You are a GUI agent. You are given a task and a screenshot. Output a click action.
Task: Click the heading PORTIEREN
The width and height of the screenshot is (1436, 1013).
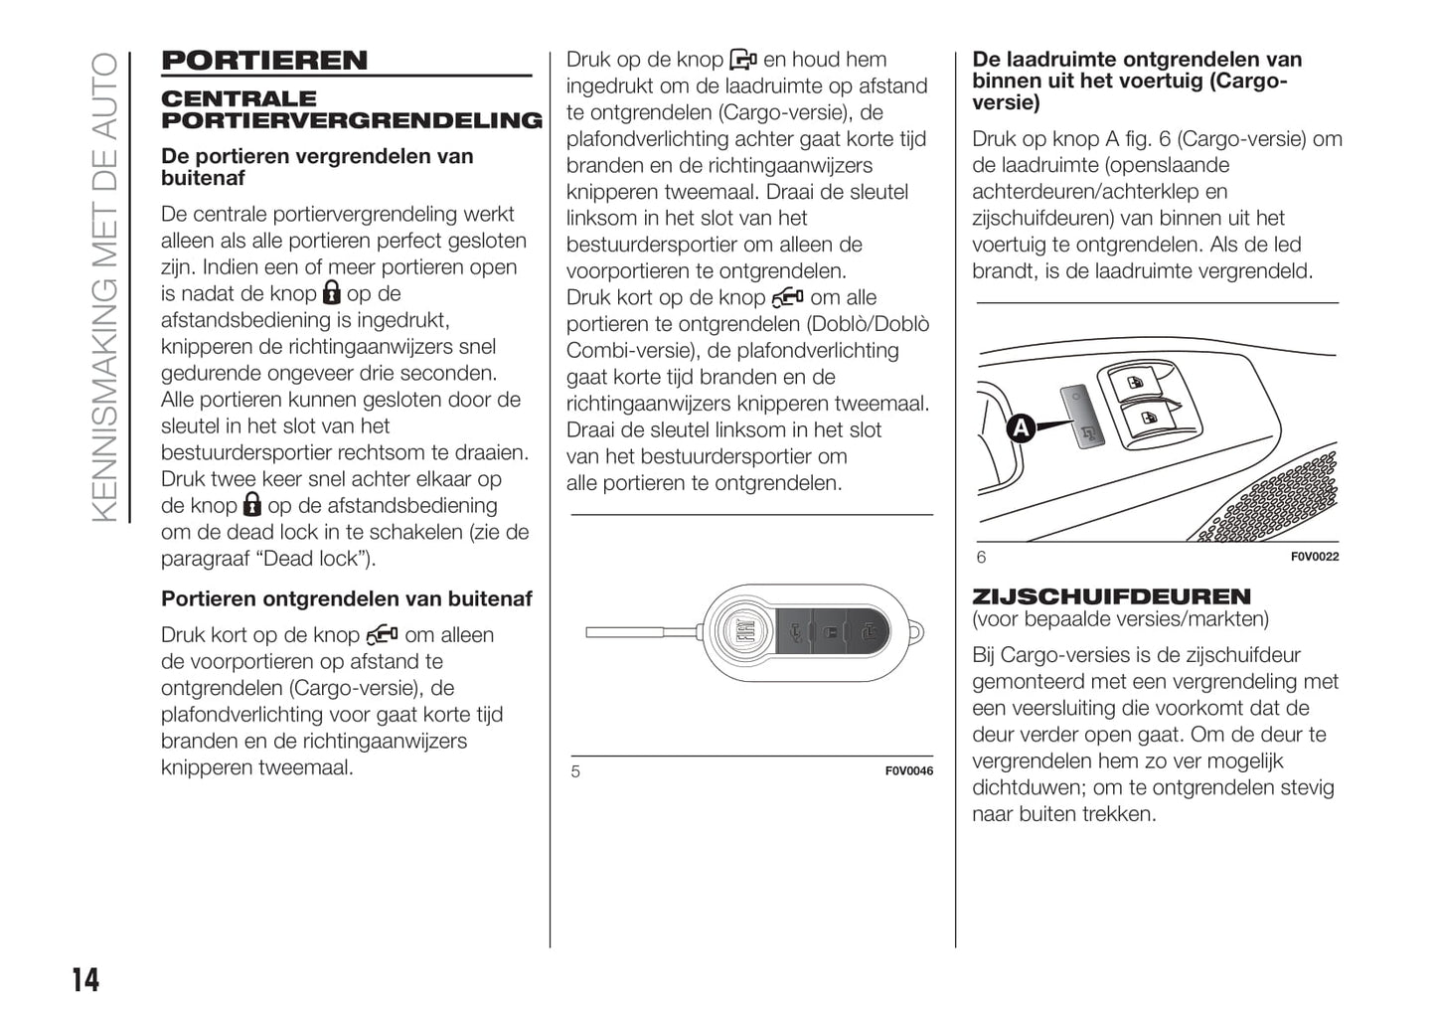[264, 61]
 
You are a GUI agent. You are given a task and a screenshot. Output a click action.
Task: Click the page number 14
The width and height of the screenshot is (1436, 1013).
[85, 980]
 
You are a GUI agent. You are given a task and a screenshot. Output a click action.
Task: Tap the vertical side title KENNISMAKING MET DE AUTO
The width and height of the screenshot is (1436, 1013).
[104, 287]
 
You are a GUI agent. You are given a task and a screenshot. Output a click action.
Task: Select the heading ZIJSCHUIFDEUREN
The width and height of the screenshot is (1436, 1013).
[1111, 596]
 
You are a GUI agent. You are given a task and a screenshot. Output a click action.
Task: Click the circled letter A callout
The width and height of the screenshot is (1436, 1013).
[1021, 428]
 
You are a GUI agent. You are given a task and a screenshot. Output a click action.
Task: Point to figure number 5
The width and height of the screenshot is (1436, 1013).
[575, 771]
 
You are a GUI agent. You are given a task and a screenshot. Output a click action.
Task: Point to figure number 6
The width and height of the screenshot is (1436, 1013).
[981, 557]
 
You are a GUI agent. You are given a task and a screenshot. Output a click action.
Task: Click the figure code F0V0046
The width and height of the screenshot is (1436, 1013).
[908, 771]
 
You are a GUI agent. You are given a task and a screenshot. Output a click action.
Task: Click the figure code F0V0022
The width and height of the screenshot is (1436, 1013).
[1314, 557]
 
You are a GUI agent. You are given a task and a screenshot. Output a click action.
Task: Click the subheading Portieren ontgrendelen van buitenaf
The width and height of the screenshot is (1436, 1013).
[346, 598]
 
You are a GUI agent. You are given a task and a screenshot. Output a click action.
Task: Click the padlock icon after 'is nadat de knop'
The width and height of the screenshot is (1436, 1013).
[331, 293]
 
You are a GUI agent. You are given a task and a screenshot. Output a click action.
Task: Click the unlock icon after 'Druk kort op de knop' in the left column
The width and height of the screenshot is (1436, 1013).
[382, 634]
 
